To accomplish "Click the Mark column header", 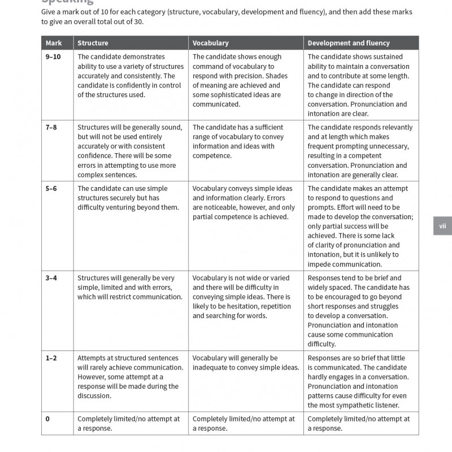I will coord(54,43).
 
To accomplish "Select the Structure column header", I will coord(93,43).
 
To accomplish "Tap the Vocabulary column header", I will coord(211,43).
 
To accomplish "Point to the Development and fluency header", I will coord(349,43).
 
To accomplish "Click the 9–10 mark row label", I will coord(54,57).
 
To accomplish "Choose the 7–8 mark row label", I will coord(51,128).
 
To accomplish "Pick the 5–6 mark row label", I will coord(51,189).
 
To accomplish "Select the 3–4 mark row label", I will coord(51,278).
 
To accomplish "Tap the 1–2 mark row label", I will coord(51,358).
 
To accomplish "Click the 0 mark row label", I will coord(47,419).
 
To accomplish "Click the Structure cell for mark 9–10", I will coord(131,76).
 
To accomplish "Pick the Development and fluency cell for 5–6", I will coord(362,227).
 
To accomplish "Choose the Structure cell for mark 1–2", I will coord(130,376).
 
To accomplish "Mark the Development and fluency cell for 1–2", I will coord(361,381).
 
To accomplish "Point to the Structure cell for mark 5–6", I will coord(130,198).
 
